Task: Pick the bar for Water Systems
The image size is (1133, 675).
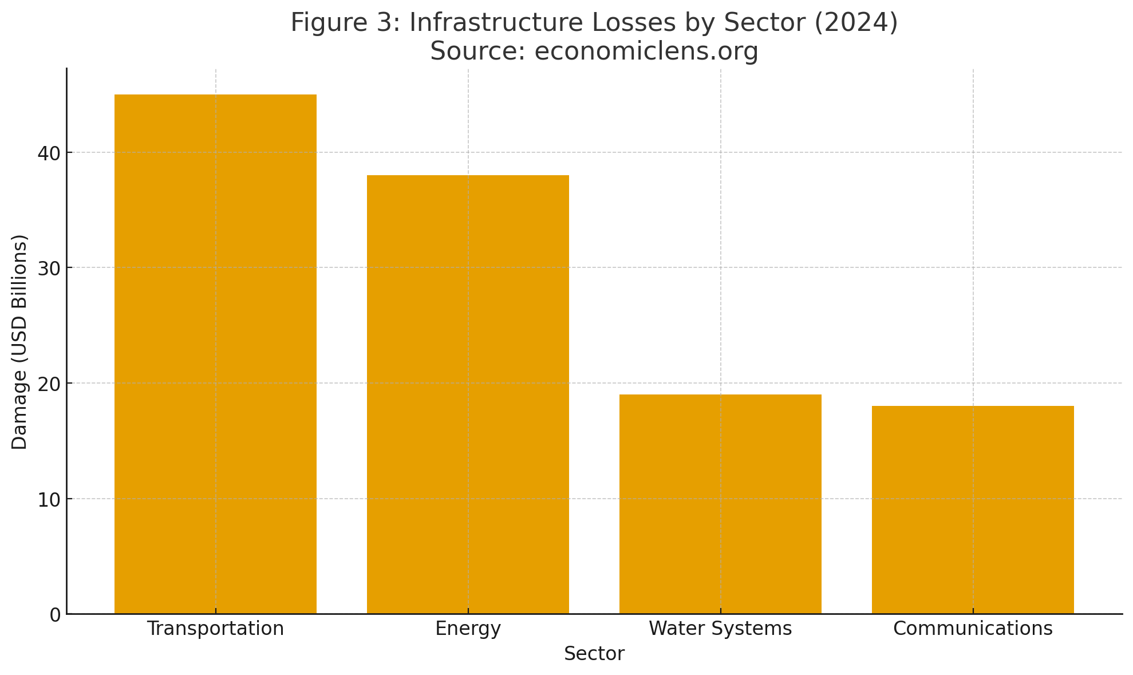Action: tap(720, 504)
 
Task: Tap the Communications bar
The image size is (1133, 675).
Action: tap(973, 510)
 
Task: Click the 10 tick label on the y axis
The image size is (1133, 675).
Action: tap(49, 499)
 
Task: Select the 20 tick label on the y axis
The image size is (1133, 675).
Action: tap(49, 384)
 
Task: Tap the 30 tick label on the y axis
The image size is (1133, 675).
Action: tap(49, 268)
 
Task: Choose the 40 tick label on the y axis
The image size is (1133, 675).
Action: tap(49, 153)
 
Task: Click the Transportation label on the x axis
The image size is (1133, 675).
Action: tap(215, 629)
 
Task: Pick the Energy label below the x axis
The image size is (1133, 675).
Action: tap(468, 629)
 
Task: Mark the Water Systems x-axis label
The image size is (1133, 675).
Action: tap(720, 629)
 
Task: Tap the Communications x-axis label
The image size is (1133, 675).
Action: tap(973, 629)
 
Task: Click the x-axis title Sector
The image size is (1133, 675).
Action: tap(594, 654)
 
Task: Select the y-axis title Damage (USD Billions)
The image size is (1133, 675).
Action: tap(20, 342)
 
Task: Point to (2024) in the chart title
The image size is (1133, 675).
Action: tap(859, 23)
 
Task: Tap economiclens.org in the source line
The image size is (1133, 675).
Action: tap(646, 51)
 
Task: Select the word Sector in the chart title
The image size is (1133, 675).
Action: tap(757, 23)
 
